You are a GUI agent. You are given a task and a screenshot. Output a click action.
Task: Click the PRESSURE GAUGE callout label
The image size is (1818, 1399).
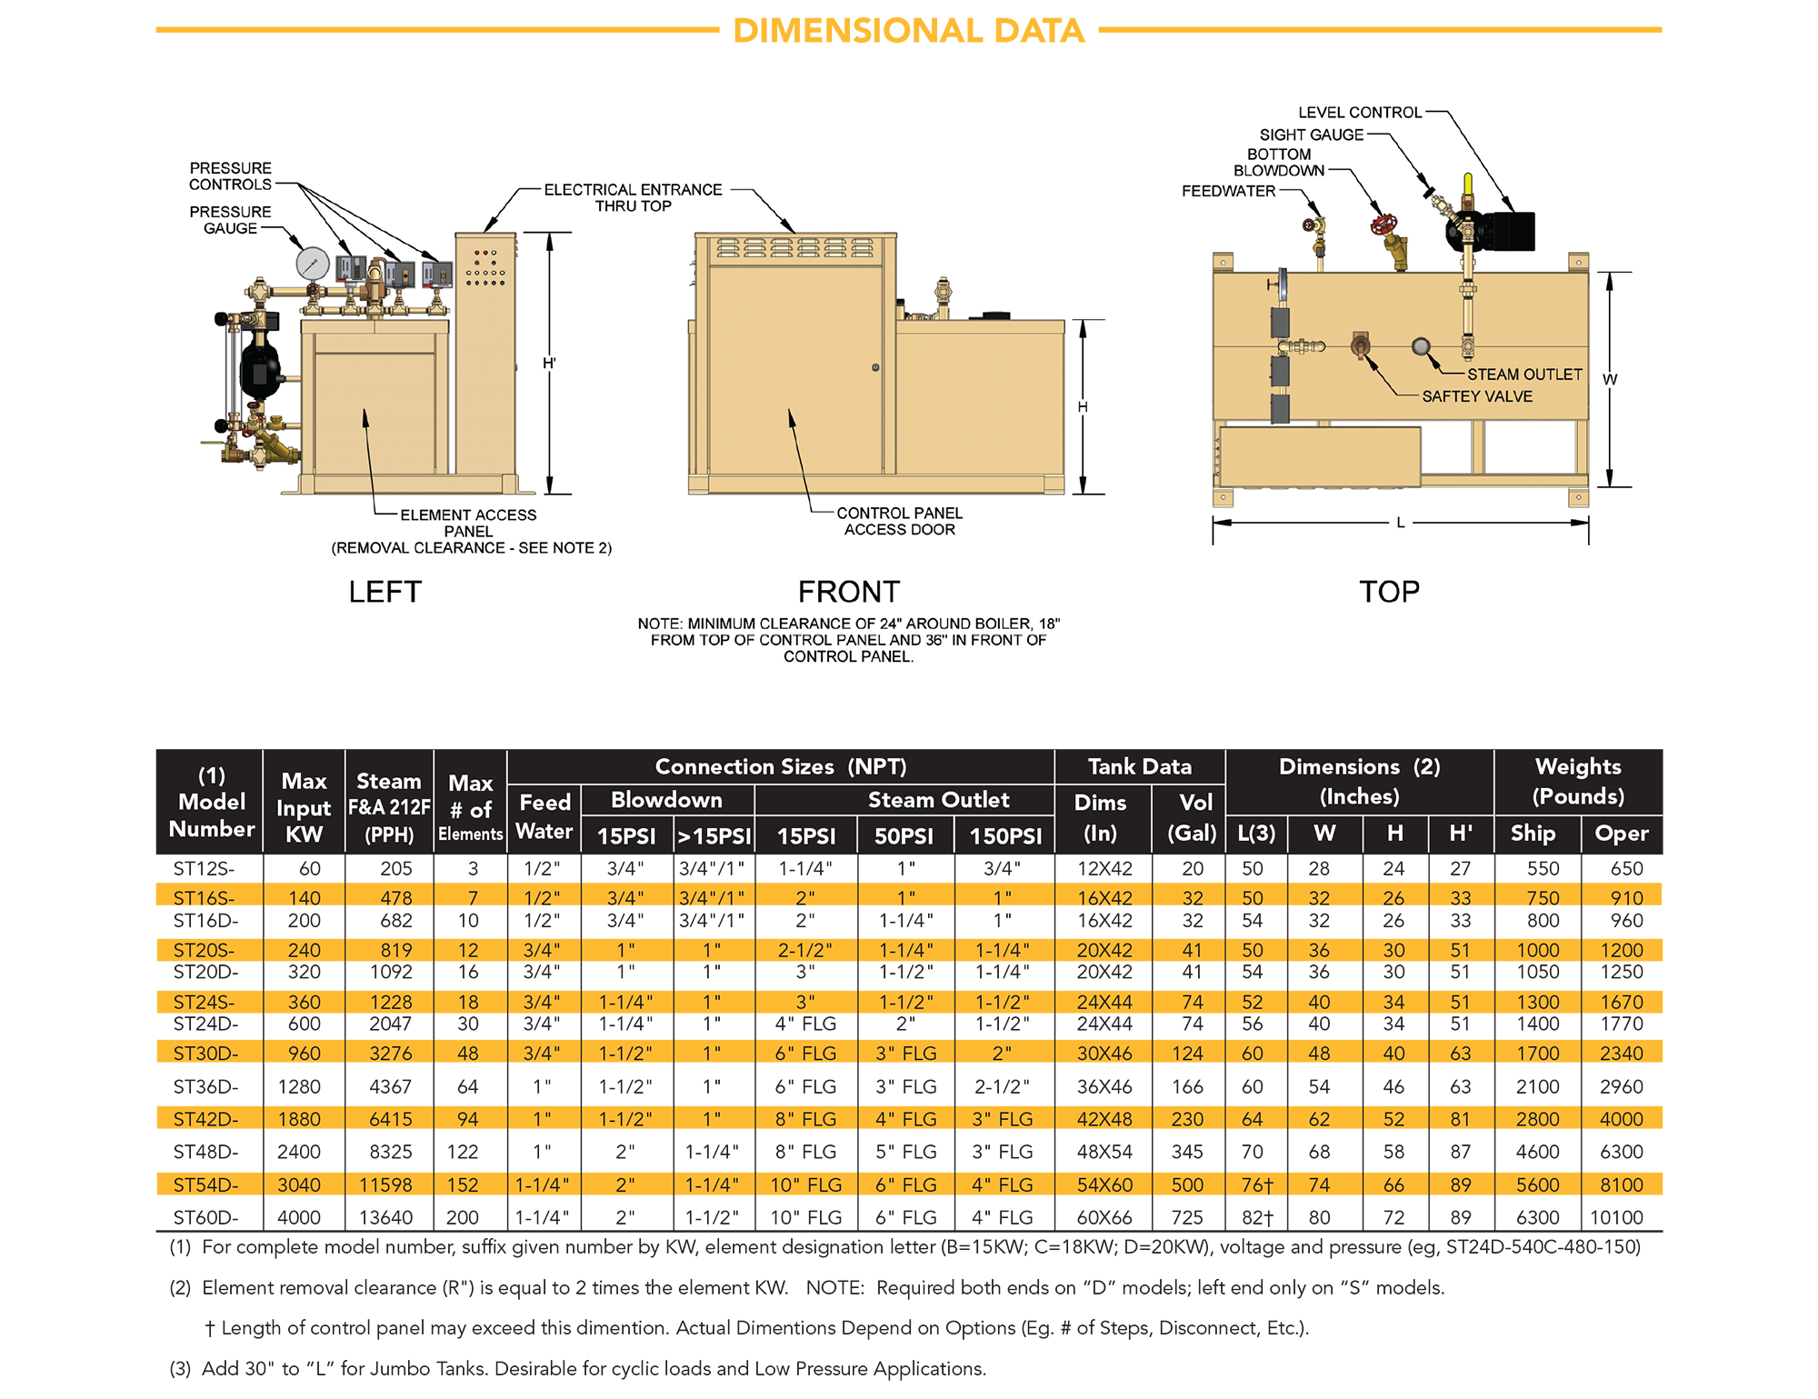230,220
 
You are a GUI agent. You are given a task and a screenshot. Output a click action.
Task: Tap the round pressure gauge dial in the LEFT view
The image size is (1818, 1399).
313,264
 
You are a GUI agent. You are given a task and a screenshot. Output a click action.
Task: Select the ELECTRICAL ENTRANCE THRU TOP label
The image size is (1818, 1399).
633,197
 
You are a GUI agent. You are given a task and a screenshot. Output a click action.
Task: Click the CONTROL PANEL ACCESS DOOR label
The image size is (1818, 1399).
899,521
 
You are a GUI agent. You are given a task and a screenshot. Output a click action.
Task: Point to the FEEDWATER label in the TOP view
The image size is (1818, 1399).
1228,191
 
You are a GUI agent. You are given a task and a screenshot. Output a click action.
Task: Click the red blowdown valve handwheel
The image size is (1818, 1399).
1383,224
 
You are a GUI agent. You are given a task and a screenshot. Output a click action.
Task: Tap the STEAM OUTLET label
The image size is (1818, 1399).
1524,375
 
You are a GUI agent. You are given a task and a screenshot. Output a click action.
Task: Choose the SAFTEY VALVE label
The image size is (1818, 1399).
1477,396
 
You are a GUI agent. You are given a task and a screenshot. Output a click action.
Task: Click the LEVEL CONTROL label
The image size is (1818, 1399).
1359,113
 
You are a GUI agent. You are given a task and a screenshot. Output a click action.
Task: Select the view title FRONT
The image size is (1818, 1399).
848,592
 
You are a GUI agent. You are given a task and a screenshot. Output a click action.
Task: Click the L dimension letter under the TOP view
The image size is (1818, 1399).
1401,523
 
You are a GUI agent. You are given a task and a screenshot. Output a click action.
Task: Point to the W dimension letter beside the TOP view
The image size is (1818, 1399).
1610,379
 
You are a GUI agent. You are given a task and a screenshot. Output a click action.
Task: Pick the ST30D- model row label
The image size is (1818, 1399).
206,1054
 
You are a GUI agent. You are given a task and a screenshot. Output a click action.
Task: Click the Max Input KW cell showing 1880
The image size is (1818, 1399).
300,1119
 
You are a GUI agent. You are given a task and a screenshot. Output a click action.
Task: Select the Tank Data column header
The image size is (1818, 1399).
1139,766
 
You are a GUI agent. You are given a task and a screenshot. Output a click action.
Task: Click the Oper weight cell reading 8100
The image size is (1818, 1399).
1622,1185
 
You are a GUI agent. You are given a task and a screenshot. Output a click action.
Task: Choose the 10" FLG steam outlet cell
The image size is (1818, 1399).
805,1185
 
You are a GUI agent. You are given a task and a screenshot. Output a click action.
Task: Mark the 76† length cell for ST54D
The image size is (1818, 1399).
1256,1185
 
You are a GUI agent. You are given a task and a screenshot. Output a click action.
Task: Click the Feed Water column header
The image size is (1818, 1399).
544,816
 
